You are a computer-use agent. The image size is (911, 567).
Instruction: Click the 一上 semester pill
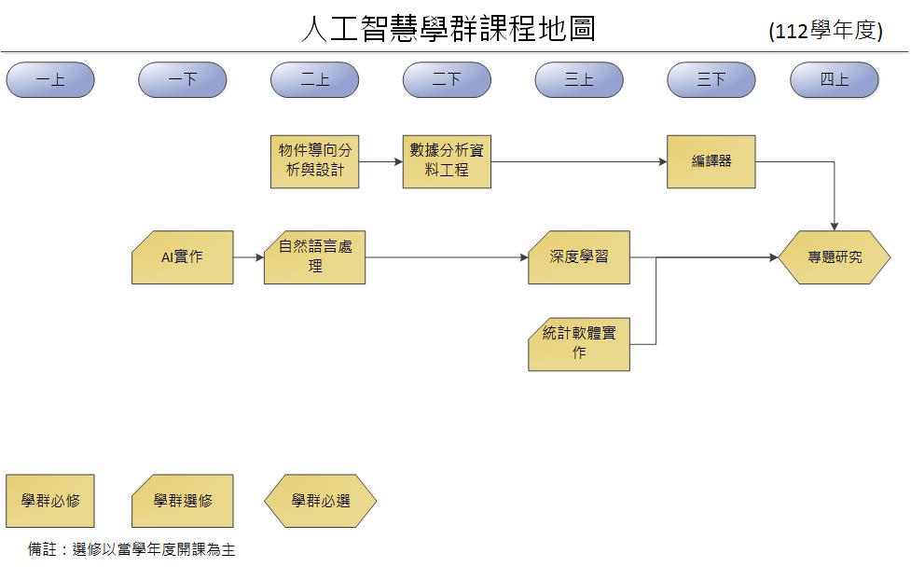[x=50, y=80]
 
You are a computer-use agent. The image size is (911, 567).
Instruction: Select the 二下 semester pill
[x=447, y=80]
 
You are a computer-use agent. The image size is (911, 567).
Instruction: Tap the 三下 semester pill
[x=711, y=80]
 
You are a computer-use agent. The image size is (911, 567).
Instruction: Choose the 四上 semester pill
[x=835, y=80]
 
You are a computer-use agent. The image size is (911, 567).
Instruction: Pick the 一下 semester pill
[x=183, y=80]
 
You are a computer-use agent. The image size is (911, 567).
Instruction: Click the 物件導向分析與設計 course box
[x=315, y=161]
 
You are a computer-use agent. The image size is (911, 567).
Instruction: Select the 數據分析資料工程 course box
[x=447, y=161]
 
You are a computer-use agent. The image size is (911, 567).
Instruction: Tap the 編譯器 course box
[x=711, y=161]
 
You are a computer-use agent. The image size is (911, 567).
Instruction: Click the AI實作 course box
[x=183, y=257]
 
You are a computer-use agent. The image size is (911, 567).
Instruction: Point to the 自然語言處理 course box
[x=315, y=257]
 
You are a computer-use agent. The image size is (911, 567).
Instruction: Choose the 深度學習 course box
[x=579, y=257]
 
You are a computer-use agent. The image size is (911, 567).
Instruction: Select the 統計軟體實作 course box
[x=579, y=344]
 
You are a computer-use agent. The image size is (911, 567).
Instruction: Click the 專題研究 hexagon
[x=835, y=257]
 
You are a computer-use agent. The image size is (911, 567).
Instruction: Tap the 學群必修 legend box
[x=50, y=501]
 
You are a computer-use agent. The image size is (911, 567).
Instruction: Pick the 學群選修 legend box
[x=183, y=501]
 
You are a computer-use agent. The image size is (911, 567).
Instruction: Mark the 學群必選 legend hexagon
[x=321, y=501]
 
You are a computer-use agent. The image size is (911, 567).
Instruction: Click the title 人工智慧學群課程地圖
[x=448, y=29]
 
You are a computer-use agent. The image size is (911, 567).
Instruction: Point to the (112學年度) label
[x=825, y=31]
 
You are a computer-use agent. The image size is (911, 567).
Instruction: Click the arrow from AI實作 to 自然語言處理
[x=249, y=257]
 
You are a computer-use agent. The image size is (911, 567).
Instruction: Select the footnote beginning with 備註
[x=131, y=549]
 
